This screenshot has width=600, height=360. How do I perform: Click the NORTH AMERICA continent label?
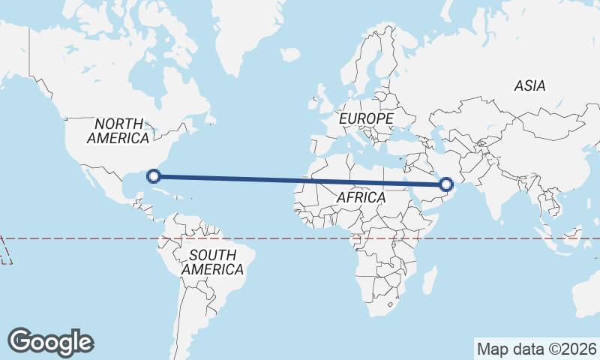pyautogui.click(x=118, y=130)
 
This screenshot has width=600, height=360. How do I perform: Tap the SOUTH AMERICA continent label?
pyautogui.click(x=212, y=262)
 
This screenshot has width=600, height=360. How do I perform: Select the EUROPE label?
pyautogui.click(x=365, y=118)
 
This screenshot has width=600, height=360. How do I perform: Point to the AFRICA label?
pyautogui.click(x=361, y=197)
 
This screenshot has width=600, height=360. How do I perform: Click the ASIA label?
pyautogui.click(x=529, y=85)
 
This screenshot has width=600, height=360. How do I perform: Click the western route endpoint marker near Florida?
pyautogui.click(x=154, y=176)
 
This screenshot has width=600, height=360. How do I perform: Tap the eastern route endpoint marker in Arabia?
pyautogui.click(x=446, y=184)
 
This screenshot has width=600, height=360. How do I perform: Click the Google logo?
pyautogui.click(x=50, y=342)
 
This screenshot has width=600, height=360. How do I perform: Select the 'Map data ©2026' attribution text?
pyautogui.click(x=536, y=349)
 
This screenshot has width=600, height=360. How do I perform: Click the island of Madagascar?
pyautogui.click(x=429, y=282)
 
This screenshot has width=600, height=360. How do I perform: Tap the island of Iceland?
pyautogui.click(x=291, y=55)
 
